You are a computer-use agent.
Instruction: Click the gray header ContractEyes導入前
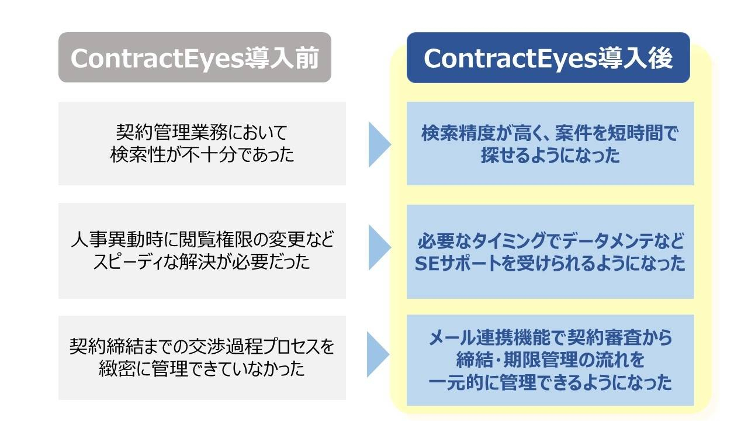pyautogui.click(x=195, y=57)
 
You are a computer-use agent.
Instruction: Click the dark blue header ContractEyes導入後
pyautogui.click(x=548, y=57)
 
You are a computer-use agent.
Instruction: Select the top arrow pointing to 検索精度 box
pyautogui.click(x=379, y=144)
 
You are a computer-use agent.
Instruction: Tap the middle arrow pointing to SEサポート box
pyautogui.click(x=379, y=248)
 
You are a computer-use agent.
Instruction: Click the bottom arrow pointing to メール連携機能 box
pyautogui.click(x=379, y=354)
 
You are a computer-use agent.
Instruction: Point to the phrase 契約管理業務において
pyautogui.click(x=202, y=131)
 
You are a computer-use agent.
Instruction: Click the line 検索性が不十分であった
pyautogui.click(x=202, y=156)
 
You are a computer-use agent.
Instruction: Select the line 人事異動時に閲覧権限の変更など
pyautogui.click(x=202, y=239)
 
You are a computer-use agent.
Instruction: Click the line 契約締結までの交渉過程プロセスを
pyautogui.click(x=202, y=346)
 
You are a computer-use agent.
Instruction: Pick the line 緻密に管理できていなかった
pyautogui.click(x=202, y=370)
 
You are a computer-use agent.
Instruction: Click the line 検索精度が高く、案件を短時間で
pyautogui.click(x=550, y=132)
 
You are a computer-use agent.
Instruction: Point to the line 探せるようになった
pyautogui.click(x=550, y=156)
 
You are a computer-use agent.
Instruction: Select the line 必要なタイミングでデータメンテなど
pyautogui.click(x=550, y=241)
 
